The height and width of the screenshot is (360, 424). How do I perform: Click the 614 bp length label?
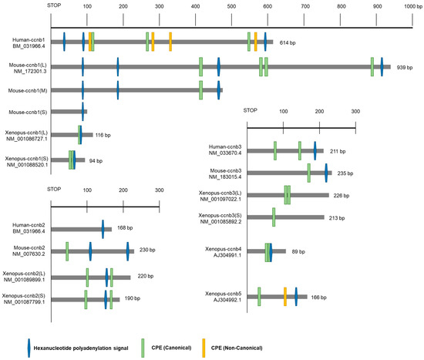(288, 42)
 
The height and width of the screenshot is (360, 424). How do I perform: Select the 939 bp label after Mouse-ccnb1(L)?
(405, 68)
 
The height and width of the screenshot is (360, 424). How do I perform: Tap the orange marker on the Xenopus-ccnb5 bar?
(285, 296)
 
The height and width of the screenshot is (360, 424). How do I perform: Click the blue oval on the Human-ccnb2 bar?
(103, 228)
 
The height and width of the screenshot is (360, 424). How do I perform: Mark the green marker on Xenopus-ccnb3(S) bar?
(274, 220)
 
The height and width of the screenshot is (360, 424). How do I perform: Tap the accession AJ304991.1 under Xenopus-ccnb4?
(224, 254)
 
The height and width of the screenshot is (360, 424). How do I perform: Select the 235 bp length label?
(347, 174)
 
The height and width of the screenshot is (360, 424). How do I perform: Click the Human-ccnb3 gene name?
(226, 146)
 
